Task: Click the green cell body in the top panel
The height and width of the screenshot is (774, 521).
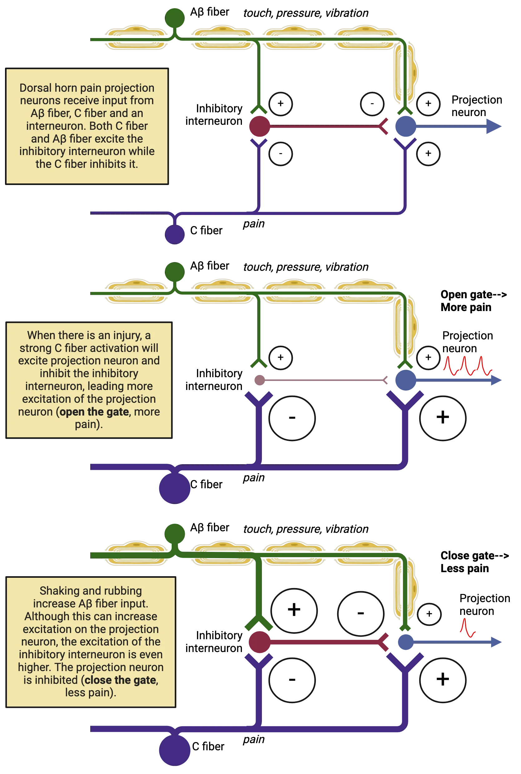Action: point(175,17)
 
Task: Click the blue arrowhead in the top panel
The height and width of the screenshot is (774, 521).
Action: point(493,127)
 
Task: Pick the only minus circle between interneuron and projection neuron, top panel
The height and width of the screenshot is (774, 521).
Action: point(372,104)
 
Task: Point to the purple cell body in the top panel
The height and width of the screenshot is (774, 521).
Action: point(175,234)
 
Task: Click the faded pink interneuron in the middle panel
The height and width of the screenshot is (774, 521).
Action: point(259,380)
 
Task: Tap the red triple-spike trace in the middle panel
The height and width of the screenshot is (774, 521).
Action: point(467,366)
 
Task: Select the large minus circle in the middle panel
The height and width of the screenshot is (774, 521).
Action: point(292,418)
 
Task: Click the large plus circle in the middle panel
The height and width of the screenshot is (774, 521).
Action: point(442,418)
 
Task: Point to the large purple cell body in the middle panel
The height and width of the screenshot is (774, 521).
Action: point(174,488)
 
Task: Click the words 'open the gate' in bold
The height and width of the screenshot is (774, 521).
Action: point(94,412)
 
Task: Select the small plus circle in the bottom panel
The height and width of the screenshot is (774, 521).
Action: point(429,614)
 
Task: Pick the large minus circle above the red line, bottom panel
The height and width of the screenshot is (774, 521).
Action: point(361,614)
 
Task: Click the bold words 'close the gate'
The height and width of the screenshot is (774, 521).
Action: point(120,680)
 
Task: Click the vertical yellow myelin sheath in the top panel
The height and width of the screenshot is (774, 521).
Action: point(405,73)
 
